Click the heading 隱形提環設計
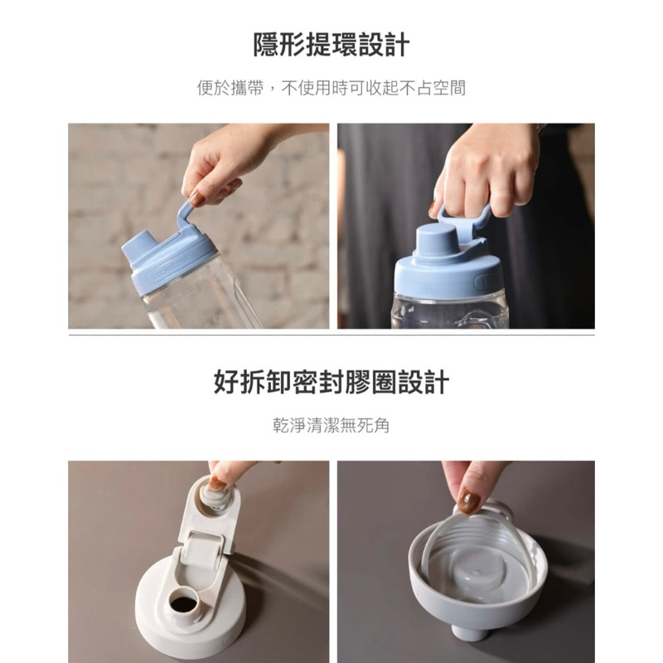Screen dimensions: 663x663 331,45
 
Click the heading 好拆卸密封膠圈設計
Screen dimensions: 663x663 331,382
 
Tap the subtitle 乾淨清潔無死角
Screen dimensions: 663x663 331,425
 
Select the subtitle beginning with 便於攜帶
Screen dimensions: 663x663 331,88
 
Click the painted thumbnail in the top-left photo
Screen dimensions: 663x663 196,199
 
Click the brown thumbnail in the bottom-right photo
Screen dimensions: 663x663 470,501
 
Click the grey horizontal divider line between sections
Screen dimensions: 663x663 331,335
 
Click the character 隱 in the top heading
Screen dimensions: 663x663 266,45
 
